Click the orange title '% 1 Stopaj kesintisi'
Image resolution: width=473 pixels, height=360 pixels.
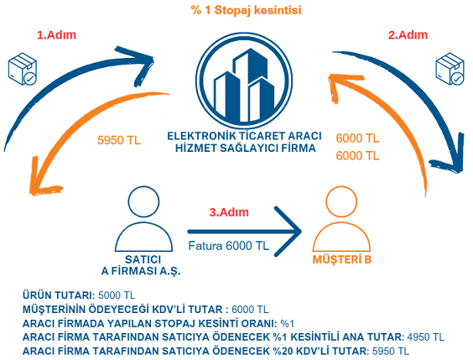pos(247,10)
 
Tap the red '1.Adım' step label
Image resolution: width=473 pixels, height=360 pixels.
pos(56,35)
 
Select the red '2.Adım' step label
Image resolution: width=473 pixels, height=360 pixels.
pos(408,35)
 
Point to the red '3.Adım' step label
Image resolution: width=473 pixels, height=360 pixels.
pos(229,212)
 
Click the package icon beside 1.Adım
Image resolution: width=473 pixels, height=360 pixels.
pos(23,69)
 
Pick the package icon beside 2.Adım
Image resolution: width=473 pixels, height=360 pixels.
pos(450,69)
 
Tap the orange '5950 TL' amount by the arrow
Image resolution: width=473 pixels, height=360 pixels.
pos(119,140)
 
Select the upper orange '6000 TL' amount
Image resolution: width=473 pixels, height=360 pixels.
pos(357,138)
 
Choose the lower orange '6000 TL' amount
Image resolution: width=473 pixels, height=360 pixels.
pos(357,156)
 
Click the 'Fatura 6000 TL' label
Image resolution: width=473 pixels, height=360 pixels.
pos(228,246)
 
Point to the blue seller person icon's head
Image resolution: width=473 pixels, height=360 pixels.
pos(143,201)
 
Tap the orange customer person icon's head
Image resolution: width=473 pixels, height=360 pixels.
pos(341,201)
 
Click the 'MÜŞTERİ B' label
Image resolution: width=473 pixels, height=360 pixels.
pos(342,259)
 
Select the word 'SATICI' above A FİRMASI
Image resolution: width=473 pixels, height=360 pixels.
pos(143,259)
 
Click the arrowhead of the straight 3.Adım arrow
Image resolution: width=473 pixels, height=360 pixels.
pos(300,232)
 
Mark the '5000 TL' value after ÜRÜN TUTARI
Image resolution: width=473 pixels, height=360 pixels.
pos(117,295)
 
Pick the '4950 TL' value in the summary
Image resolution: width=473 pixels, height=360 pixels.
pos(426,337)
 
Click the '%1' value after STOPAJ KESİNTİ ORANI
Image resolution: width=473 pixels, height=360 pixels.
pos(287,323)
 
